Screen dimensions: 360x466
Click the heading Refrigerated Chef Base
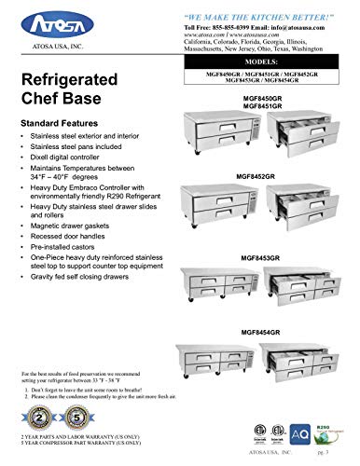click(72, 98)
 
